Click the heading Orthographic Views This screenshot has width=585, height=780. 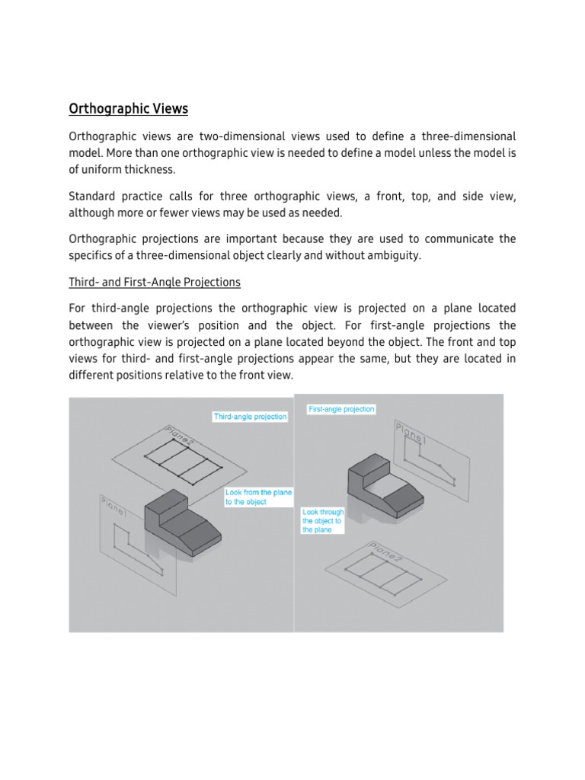128,109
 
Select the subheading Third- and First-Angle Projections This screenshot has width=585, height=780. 155,282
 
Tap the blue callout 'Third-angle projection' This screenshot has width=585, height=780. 250,417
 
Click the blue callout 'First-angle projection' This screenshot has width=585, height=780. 341,409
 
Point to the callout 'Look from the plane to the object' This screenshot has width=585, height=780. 258,497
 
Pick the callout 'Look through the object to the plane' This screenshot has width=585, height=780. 323,521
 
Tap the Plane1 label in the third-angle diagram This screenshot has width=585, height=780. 113,508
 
